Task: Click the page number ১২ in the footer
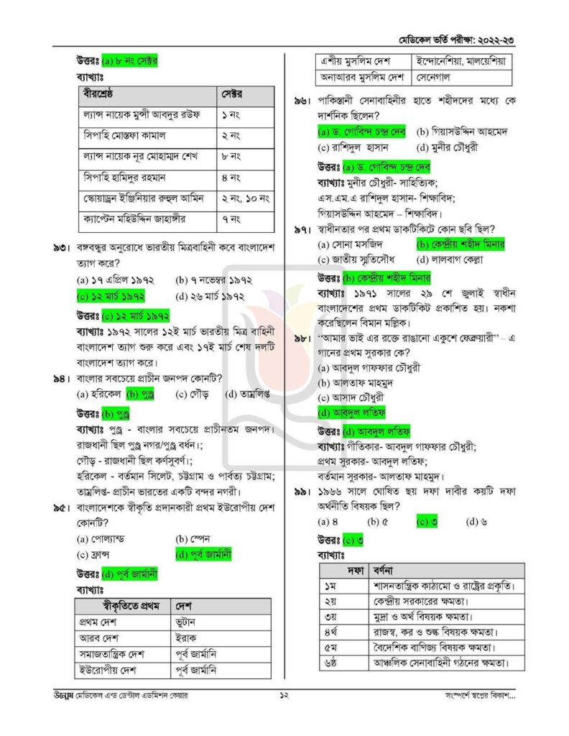[284, 696]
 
